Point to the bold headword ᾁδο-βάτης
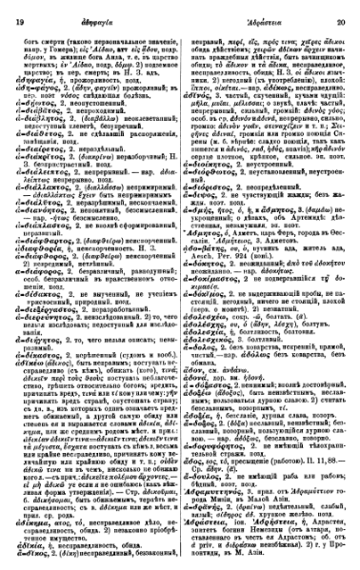point(204,213)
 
